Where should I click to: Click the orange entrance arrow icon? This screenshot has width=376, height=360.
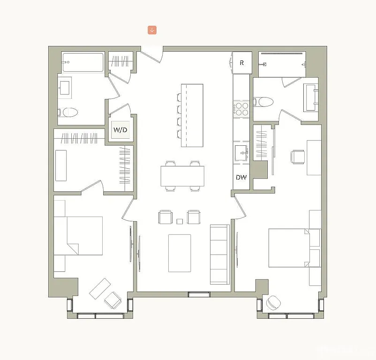[x=152, y=30]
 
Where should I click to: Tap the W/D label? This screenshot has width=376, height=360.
[x=120, y=130]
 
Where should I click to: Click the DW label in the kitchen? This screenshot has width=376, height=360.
[x=241, y=178]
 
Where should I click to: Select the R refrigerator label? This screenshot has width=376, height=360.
[x=242, y=63]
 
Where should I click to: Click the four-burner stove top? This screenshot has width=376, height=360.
[x=242, y=109]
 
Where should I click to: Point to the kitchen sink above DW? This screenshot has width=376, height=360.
[x=242, y=153]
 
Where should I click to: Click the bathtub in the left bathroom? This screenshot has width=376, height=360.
[x=83, y=62]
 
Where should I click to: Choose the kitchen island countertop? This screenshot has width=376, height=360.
[x=192, y=115]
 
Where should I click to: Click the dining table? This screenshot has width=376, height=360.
[x=182, y=176]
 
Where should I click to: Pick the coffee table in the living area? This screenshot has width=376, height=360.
[x=180, y=253]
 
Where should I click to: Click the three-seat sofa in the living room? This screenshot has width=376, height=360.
[x=219, y=254]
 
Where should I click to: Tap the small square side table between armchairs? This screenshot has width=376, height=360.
[x=180, y=221]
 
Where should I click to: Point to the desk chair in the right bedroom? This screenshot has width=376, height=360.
[x=297, y=156]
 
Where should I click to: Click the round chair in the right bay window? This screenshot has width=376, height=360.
[x=273, y=303]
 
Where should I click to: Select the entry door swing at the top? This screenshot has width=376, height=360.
[x=151, y=54]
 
